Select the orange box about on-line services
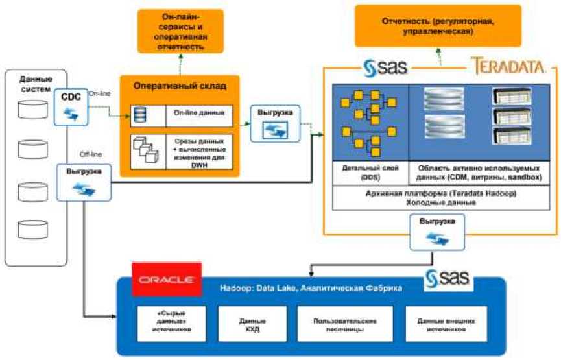180,31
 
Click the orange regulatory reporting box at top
438,26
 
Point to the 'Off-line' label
90,154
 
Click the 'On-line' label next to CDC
99,93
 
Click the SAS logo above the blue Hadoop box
448,279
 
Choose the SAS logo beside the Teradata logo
387,67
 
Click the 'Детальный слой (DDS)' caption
369,171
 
